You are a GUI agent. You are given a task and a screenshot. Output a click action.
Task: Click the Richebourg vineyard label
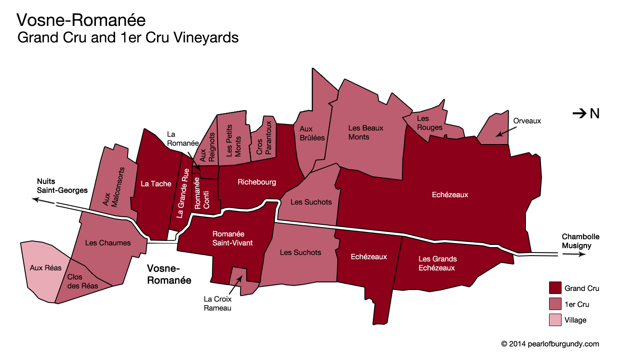tap(256, 182)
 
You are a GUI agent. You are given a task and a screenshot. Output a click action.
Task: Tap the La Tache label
tap(156, 183)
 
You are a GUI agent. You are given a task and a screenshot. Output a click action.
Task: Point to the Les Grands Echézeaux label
tap(437, 263)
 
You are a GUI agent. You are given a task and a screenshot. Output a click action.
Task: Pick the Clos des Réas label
tap(81, 281)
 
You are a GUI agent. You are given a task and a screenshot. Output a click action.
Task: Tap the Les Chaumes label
tap(107, 243)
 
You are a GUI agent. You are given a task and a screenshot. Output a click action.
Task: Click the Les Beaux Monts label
tap(365, 132)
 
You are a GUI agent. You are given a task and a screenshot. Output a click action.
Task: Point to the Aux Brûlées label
tap(312, 133)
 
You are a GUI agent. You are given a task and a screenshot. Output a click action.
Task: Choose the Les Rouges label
tap(429, 123)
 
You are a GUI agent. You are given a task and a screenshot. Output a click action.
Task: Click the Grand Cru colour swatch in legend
tap(555, 288)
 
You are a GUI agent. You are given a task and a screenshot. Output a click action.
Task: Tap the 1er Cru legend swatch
tap(555, 304)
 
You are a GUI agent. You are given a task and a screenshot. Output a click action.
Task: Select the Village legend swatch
tap(555, 320)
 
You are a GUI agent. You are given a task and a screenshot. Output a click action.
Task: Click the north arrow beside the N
tap(579, 114)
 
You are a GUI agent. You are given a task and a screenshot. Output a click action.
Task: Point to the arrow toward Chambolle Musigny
tap(573, 255)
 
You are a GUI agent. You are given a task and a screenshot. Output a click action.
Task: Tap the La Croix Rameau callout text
tap(218, 304)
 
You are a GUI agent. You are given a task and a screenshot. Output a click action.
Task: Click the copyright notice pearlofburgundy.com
tap(550, 344)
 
